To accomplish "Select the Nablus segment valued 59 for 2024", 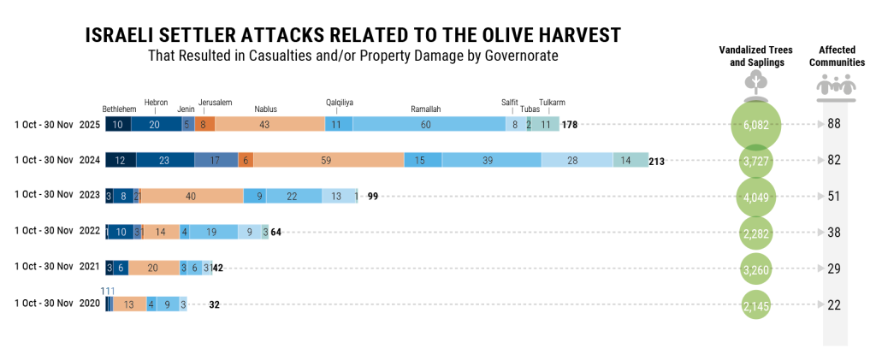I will coord(328,160).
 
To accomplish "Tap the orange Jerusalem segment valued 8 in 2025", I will coord(204,125).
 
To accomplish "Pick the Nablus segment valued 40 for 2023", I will coord(192,196).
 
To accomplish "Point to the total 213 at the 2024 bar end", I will coord(657,161).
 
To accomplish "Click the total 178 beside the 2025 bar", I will coord(570,125).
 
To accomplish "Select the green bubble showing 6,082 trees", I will coord(756,125).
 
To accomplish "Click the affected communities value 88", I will coord(835,125).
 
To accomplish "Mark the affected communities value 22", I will coord(835,304).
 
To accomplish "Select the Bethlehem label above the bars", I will coord(119,109).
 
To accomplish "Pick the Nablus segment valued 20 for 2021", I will coord(152,268).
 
